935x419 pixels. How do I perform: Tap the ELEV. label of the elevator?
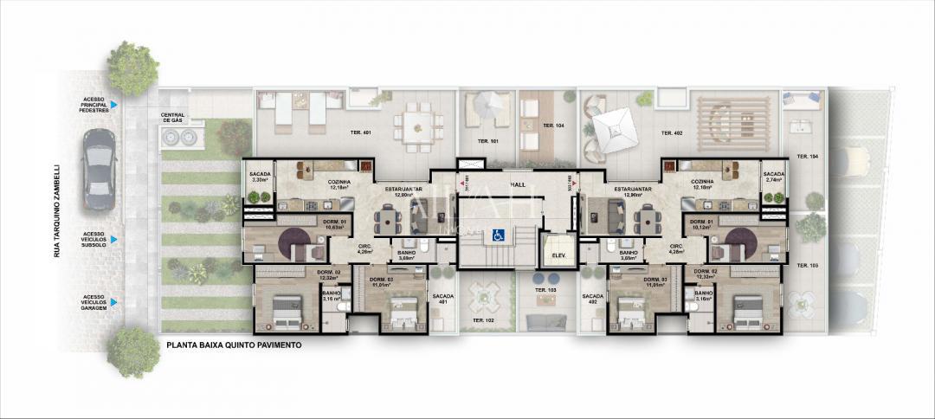point(552,256)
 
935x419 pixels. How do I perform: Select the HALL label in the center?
point(519,184)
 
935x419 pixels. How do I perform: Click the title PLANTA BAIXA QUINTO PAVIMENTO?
point(234,345)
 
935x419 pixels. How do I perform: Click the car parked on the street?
point(98,169)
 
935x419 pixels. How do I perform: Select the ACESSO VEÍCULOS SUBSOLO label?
point(94,239)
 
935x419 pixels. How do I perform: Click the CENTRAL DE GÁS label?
point(171,118)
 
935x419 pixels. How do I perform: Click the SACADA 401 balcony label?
point(442,299)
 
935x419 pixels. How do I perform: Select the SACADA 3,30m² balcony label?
point(260,177)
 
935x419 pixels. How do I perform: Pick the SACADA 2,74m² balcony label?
point(773,177)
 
